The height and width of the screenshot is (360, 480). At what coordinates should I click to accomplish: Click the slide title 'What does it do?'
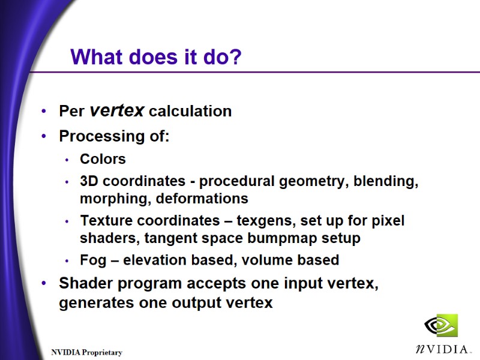[156, 58]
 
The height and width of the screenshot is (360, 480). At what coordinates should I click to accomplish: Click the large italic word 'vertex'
[116, 110]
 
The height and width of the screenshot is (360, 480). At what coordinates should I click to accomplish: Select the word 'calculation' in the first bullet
[190, 112]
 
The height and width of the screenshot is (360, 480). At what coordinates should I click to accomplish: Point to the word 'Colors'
[103, 160]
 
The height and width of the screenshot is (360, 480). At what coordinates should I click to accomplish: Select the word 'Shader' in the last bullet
[84, 283]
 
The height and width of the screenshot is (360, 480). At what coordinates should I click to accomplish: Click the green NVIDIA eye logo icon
[441, 326]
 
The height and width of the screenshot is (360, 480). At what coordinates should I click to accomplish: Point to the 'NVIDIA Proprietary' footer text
[86, 353]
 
